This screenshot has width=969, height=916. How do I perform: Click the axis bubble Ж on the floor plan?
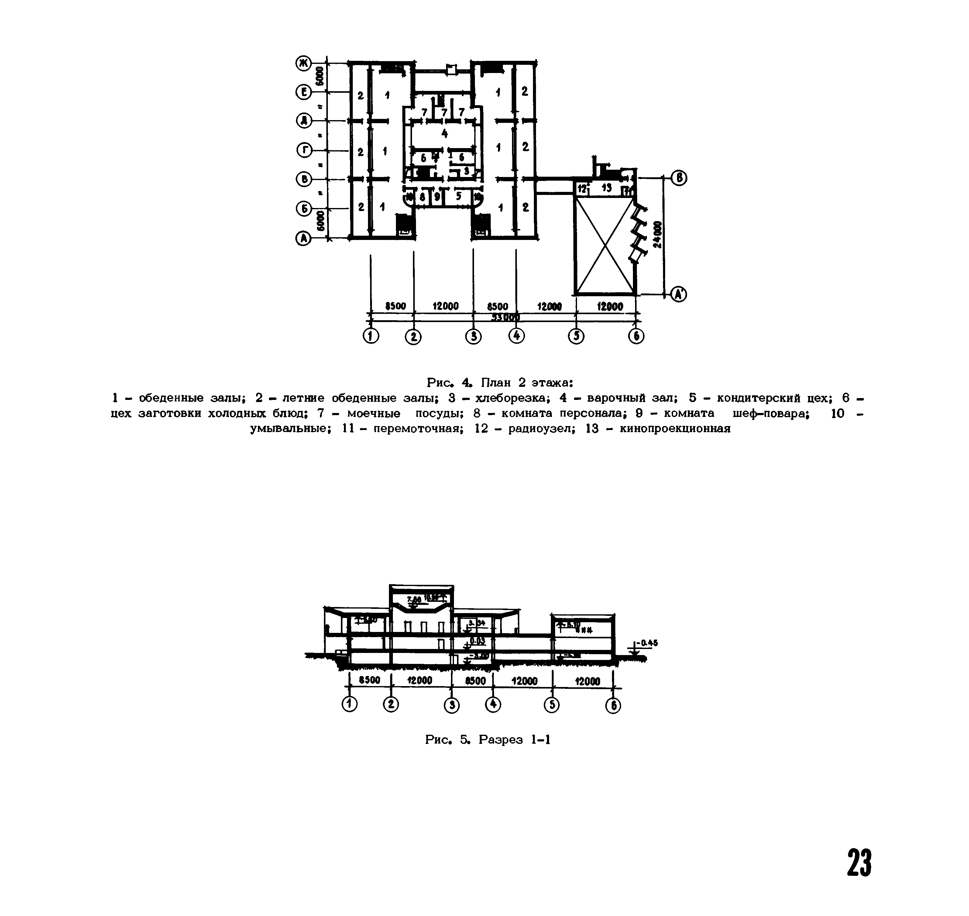[x=304, y=63]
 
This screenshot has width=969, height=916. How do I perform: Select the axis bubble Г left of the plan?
[x=304, y=151]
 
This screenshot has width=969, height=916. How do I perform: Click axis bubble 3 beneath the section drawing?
[x=452, y=705]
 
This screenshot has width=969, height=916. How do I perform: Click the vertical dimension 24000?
[x=658, y=235]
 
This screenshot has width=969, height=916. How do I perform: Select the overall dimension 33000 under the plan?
[x=505, y=318]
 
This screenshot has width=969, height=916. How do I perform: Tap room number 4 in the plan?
[x=444, y=133]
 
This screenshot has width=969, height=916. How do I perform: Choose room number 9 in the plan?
[x=437, y=197]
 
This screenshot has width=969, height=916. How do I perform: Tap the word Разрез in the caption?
[x=500, y=739]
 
